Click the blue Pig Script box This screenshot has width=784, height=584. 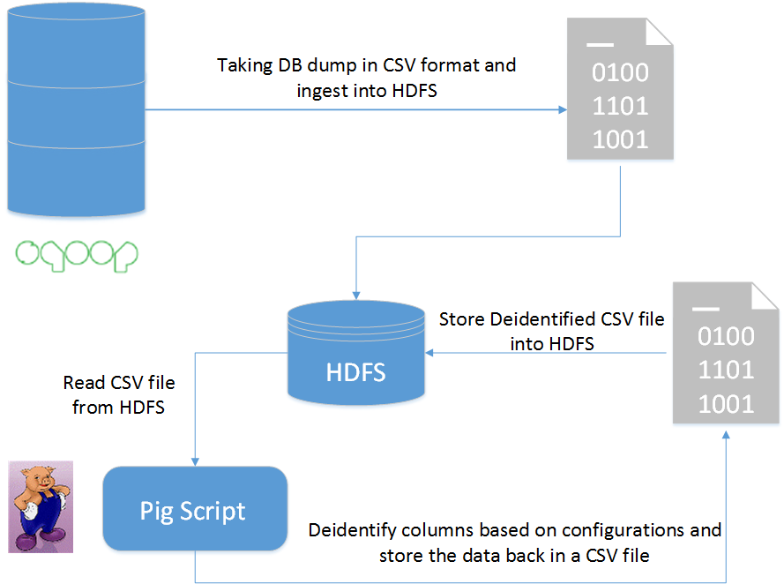coord(195,510)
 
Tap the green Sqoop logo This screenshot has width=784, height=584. coord(78,252)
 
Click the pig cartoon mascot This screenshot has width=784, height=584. coord(40,506)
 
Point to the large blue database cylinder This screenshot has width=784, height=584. coord(74,106)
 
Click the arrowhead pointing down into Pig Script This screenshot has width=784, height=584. coord(195,460)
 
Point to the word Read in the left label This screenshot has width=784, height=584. coord(80,384)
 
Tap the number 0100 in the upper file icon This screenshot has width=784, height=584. coord(620,73)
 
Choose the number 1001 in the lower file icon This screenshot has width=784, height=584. coord(726,404)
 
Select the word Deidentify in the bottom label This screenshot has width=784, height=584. coord(349,530)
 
